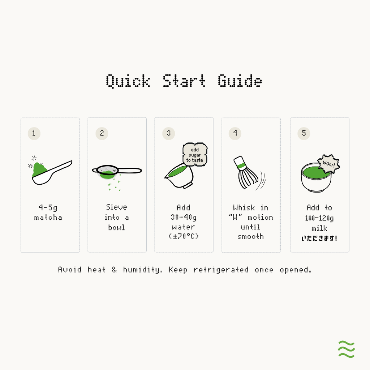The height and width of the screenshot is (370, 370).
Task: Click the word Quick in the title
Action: [128, 81]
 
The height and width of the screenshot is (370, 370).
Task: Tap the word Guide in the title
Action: [240, 81]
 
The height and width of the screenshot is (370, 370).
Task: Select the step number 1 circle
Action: [34, 133]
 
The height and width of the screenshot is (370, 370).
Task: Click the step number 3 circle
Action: [168, 133]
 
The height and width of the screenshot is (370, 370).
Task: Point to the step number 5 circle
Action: [304, 133]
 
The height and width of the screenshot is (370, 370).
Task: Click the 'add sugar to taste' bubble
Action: [195, 155]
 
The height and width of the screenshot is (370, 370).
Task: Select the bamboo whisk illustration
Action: [246, 172]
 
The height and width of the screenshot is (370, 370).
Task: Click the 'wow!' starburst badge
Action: [329, 164]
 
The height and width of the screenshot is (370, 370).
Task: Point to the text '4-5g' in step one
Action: [48, 208]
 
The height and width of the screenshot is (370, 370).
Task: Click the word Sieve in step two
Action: [117, 207]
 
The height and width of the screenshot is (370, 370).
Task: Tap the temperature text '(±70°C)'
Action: [184, 236]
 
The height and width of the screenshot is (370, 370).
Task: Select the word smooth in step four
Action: [251, 236]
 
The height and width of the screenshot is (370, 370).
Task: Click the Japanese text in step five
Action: [319, 238]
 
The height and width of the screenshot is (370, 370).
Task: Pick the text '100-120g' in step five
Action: [319, 218]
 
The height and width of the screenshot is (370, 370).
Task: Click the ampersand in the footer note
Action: [115, 270]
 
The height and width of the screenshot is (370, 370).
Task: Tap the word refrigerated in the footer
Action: [221, 270]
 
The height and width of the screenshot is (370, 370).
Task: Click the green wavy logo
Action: [346, 349]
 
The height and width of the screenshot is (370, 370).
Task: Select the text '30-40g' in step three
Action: [184, 217]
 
